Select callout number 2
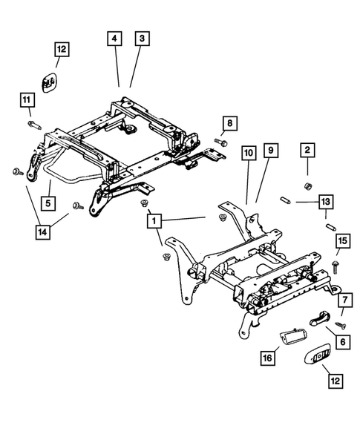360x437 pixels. (304, 151)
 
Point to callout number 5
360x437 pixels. (47, 201)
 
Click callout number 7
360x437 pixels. (344, 300)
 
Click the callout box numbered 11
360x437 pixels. (27, 99)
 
